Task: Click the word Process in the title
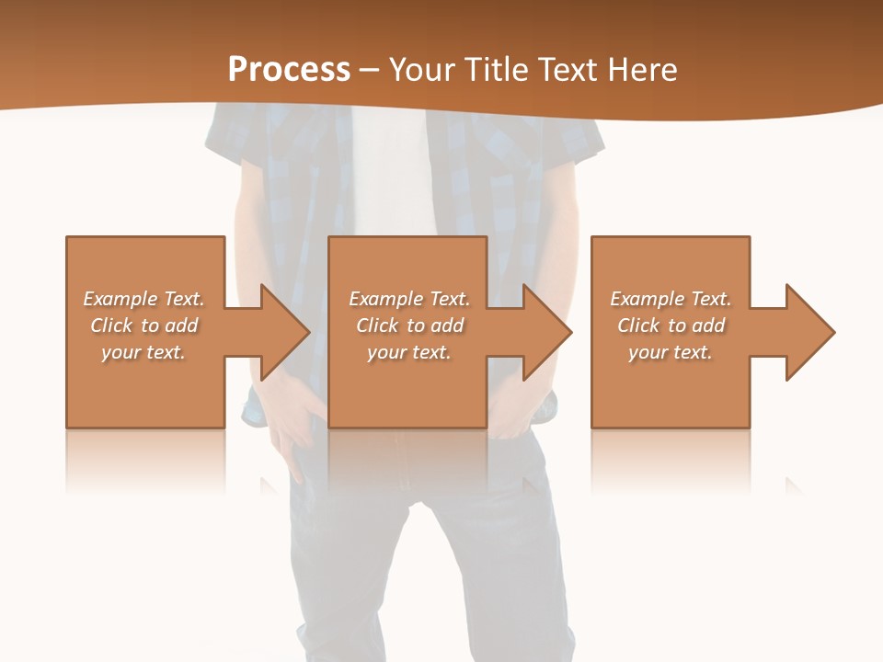tap(289, 70)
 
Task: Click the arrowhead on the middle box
tap(546, 332)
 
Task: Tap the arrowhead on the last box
tap(809, 332)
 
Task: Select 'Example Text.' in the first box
tap(143, 299)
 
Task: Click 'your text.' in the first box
tap(143, 352)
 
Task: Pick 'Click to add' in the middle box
tap(409, 325)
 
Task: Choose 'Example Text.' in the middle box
tap(409, 299)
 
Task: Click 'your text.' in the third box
tap(671, 352)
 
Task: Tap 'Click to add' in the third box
tap(671, 325)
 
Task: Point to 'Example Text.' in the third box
tap(671, 299)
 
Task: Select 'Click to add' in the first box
tap(143, 325)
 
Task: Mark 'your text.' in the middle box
tap(409, 352)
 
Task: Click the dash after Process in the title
tap(370, 71)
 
